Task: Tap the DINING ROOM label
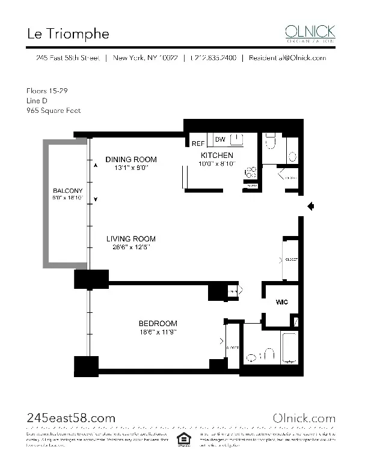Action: point(131,159)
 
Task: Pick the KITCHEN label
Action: point(217,156)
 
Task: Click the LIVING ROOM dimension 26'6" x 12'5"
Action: point(131,247)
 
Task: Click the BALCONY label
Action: point(67,191)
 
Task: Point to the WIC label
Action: point(281,302)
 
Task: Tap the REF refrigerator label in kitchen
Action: point(198,144)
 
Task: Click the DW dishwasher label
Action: point(220,140)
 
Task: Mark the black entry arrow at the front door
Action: point(311,207)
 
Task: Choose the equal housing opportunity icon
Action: point(181,439)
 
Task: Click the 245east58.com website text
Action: point(72,418)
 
